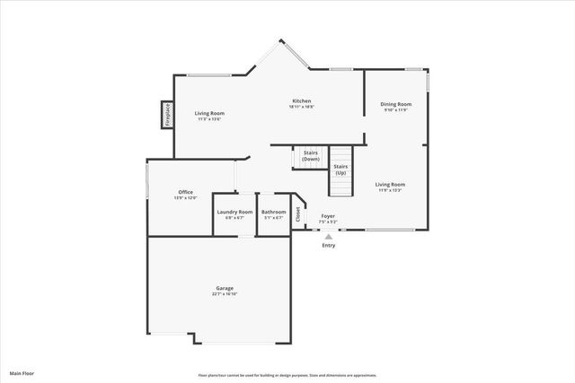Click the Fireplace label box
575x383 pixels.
click(166, 114)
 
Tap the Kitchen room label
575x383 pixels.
click(301, 100)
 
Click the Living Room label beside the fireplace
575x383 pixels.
click(209, 113)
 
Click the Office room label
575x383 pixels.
click(185, 191)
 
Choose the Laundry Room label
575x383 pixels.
click(234, 212)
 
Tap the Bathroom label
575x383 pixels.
click(273, 212)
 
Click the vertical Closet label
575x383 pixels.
click(298, 214)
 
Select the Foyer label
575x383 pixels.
click(328, 216)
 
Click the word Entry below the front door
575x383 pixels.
click(328, 245)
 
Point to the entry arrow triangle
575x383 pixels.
click(328, 236)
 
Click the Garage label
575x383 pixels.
click(225, 288)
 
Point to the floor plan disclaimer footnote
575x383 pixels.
click(287, 374)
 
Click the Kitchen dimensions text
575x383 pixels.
click(301, 107)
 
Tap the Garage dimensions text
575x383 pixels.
click(225, 294)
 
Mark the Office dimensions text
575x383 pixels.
click(185, 197)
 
